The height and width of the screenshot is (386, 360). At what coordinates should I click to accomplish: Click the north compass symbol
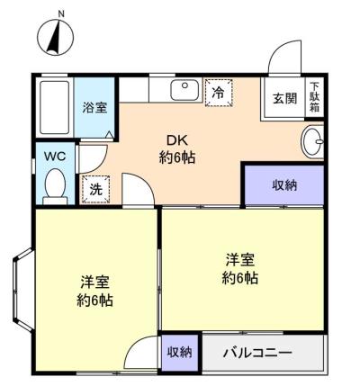tap(56, 36)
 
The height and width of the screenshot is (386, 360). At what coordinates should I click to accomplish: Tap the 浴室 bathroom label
tap(94, 108)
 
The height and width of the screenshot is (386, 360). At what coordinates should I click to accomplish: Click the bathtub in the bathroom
tap(55, 107)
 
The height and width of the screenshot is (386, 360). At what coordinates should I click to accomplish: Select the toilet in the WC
tap(55, 186)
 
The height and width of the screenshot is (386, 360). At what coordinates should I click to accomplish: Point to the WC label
tap(55, 157)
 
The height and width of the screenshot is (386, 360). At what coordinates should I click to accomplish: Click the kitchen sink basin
tap(184, 90)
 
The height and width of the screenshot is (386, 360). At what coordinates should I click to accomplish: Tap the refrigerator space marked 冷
tap(219, 93)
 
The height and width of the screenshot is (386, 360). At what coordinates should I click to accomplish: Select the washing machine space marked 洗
tap(96, 189)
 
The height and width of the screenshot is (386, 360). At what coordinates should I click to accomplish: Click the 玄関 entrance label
tap(284, 98)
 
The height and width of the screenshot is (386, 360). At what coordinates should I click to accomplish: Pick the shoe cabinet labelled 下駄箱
tap(314, 97)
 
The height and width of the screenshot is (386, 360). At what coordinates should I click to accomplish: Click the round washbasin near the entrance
tap(312, 141)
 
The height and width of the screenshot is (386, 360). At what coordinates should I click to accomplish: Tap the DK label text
tap(177, 140)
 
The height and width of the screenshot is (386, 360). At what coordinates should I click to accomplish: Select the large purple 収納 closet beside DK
tap(284, 185)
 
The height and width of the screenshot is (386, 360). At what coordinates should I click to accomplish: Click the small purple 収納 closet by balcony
tap(180, 352)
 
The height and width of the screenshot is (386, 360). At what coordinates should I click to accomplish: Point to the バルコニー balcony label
tap(257, 353)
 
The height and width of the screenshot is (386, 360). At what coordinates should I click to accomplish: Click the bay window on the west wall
tap(22, 290)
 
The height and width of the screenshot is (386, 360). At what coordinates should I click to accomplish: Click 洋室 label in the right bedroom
tap(240, 260)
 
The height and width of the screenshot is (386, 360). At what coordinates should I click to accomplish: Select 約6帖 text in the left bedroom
tap(94, 300)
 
